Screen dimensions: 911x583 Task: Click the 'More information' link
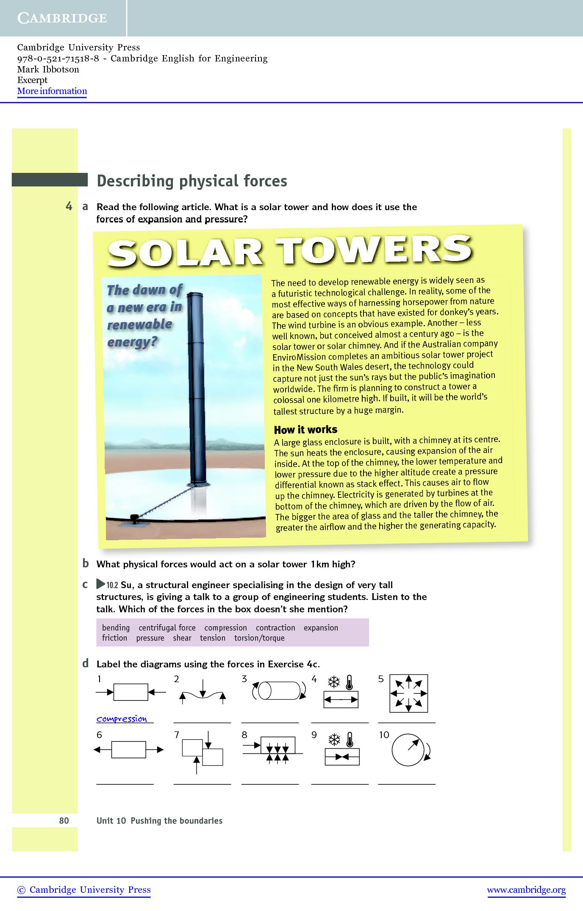[52, 91]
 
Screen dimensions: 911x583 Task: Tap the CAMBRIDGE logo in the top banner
[62, 18]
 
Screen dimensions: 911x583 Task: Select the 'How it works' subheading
[305, 430]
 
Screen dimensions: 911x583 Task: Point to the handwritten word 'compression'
[122, 719]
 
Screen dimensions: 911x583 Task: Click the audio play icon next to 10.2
[101, 584]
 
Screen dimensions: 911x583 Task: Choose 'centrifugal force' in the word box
[167, 628]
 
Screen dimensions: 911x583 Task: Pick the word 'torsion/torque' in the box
[259, 638]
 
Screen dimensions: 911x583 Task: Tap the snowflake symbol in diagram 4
[335, 682]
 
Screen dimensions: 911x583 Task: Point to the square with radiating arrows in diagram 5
[408, 693]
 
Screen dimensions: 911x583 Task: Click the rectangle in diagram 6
[128, 750]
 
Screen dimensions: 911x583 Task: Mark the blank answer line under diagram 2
[202, 722]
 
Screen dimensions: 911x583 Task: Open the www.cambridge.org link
[526, 890]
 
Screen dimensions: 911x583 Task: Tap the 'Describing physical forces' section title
[192, 181]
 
